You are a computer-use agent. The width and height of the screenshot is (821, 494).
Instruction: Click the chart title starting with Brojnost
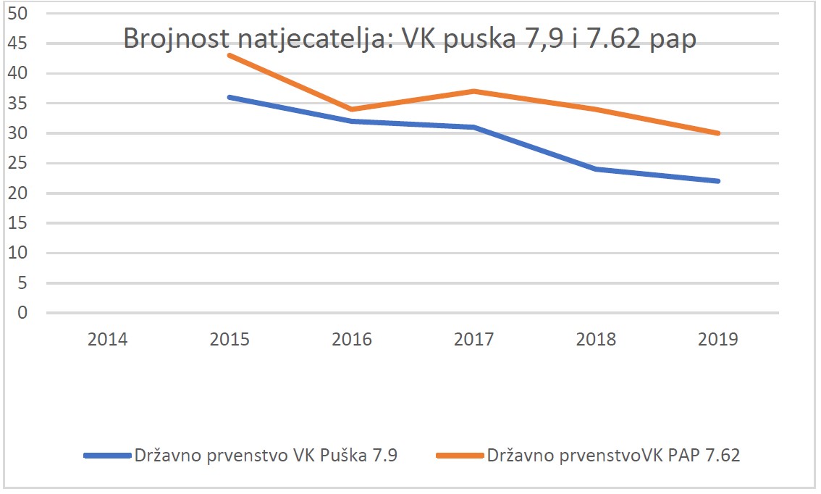410,38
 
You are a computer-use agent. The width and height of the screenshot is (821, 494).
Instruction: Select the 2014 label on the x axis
108,339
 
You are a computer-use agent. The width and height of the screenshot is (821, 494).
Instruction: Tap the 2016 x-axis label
352,339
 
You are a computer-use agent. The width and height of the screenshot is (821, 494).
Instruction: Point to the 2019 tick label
718,339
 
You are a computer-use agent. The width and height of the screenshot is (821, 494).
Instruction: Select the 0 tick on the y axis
24,313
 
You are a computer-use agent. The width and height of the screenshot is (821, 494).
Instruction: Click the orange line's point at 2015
230,55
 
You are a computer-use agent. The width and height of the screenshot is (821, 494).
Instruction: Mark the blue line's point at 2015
230,97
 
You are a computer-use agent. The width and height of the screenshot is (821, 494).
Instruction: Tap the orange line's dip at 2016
352,109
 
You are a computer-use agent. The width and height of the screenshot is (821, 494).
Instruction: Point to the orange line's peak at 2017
474,91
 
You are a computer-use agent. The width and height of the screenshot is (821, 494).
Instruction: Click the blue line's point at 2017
474,127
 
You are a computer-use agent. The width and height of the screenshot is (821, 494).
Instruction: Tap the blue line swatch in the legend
108,456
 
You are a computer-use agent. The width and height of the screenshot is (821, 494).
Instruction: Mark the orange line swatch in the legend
460,456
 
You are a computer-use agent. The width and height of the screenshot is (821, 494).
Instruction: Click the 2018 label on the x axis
596,339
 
